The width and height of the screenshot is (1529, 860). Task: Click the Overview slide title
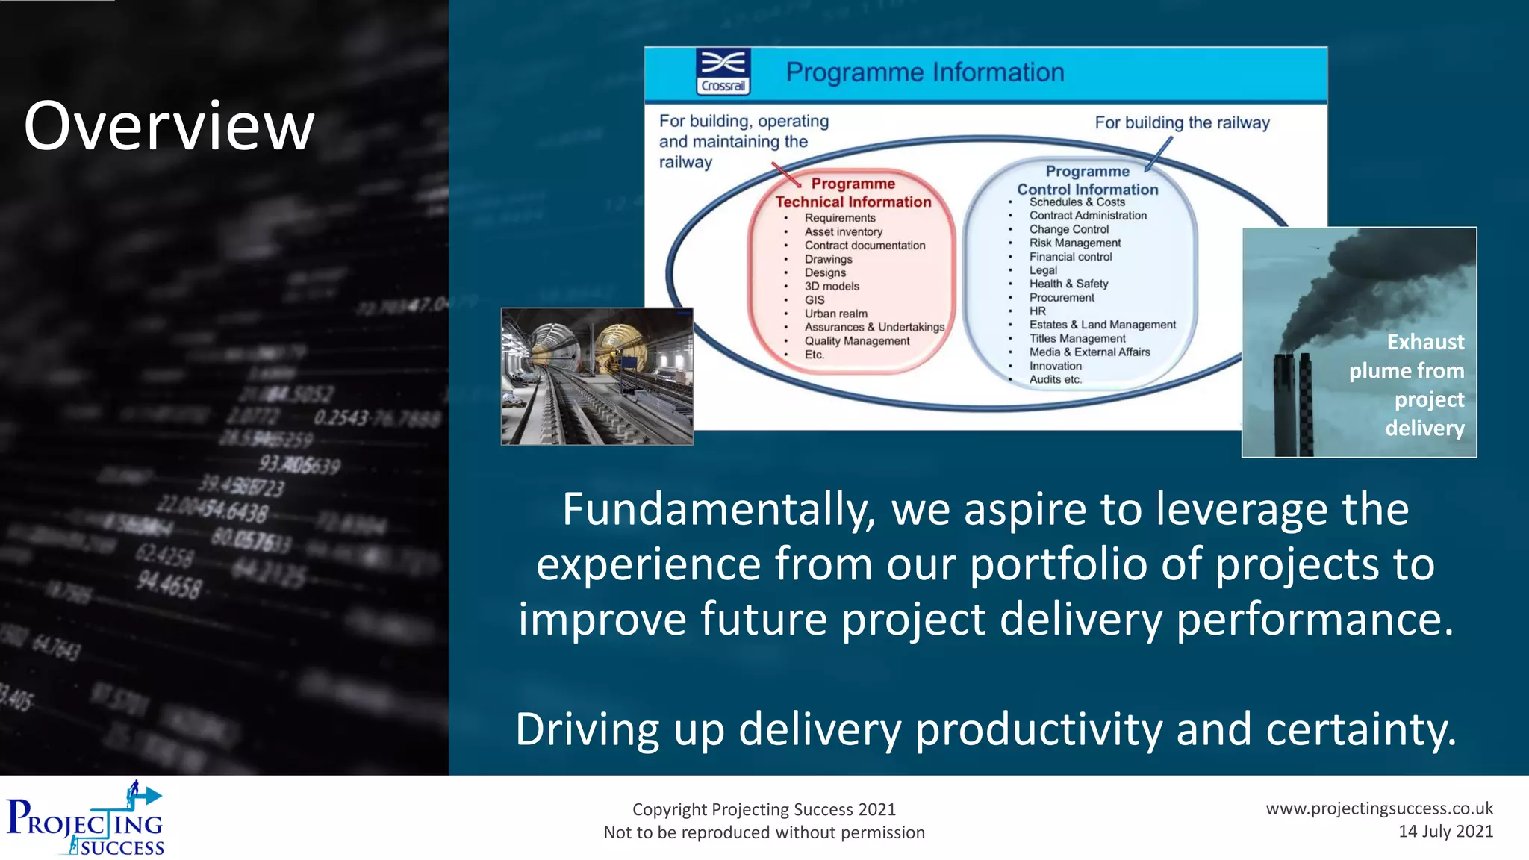169,126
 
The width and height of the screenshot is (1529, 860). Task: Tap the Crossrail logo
723,72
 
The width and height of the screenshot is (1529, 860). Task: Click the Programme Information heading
924,72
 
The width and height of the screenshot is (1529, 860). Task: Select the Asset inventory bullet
843,232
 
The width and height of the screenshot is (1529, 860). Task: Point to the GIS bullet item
814,300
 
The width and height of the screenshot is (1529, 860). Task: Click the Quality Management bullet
856,341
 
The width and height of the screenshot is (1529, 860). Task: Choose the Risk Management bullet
1074,243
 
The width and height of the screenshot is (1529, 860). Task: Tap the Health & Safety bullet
1068,284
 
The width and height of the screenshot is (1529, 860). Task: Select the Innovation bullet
1055,366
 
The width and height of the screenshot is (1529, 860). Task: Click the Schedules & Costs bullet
1077,202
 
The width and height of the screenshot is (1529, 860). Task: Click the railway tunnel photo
597,376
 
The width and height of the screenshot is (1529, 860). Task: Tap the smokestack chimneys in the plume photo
1293,403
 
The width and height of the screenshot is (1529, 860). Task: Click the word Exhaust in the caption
1425,342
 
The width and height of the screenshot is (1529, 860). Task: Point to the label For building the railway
1182,122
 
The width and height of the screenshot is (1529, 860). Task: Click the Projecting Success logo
85,819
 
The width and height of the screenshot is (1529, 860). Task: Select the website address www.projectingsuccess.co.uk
1379,808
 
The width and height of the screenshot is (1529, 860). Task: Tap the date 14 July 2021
1445,832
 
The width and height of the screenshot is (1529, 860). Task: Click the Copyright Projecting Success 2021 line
764,809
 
